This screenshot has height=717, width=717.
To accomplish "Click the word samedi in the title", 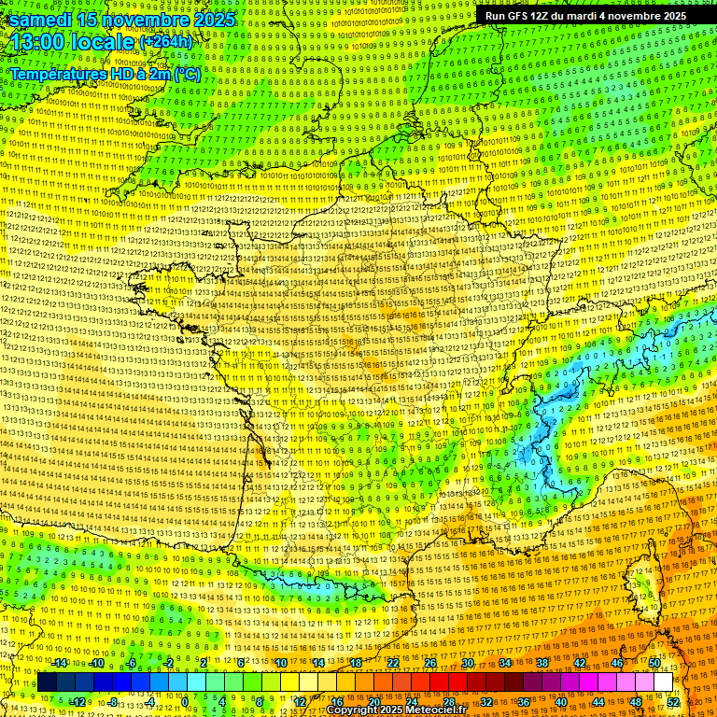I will point(42,20).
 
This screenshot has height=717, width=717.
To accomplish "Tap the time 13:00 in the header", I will point(42,43).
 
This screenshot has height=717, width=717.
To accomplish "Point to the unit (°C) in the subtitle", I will point(185,74).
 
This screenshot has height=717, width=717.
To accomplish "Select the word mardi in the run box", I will point(604,16).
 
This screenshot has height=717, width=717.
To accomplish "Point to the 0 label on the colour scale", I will point(185,701).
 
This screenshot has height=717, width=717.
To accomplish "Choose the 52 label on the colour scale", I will point(673,701).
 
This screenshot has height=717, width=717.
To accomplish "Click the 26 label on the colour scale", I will point(429,663).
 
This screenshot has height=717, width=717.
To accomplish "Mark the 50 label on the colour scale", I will point(654,663).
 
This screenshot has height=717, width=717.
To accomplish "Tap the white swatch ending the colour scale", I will point(664,682).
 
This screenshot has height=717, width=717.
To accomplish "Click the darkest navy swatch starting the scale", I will point(47,682).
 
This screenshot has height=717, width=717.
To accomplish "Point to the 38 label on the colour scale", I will point(541,663).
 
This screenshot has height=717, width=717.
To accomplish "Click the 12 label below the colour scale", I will point(300,701).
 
